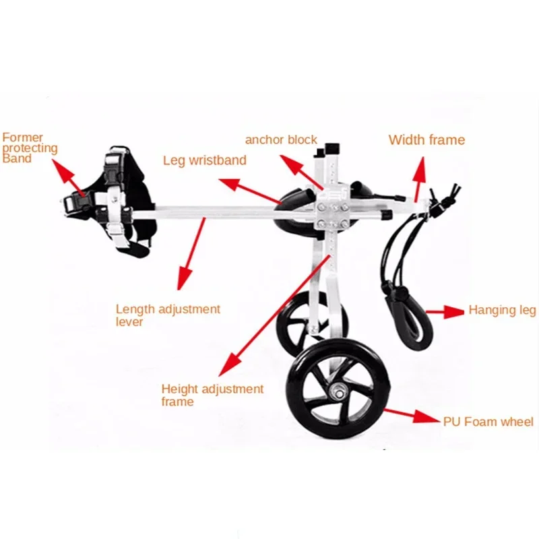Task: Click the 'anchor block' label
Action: (281, 140)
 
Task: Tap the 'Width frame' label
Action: (426, 140)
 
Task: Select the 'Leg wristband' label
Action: (205, 161)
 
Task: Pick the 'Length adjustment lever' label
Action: (168, 315)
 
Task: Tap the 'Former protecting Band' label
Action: (30, 148)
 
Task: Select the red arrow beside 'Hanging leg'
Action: (444, 311)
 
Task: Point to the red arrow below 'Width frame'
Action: (419, 177)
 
